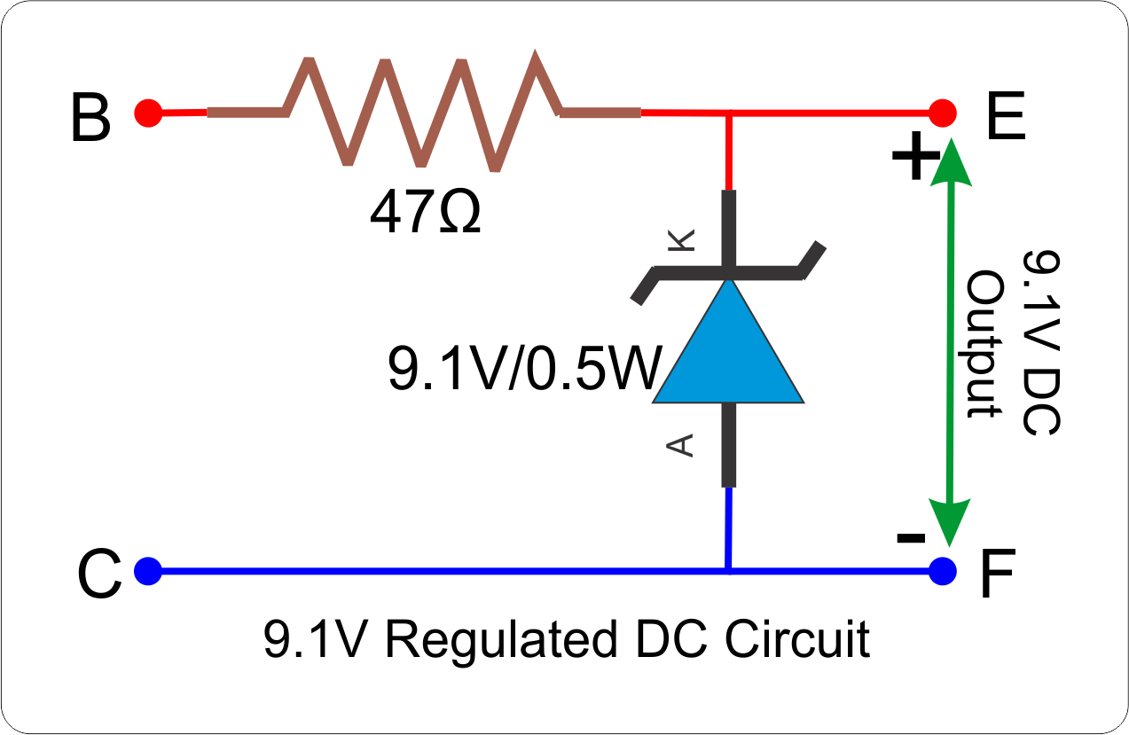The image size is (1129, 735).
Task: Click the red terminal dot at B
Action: click(x=148, y=113)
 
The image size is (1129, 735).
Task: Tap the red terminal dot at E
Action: click(x=943, y=113)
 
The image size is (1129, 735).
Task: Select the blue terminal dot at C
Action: click(x=148, y=570)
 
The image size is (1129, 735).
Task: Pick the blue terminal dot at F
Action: click(x=943, y=570)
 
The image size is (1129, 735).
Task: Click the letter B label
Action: click(x=90, y=119)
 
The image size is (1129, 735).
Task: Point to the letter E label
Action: click(x=1005, y=119)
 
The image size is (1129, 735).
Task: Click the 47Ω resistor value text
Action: click(x=426, y=213)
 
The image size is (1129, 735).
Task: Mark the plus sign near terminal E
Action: click(x=914, y=160)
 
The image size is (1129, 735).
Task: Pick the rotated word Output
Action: click(x=984, y=346)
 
